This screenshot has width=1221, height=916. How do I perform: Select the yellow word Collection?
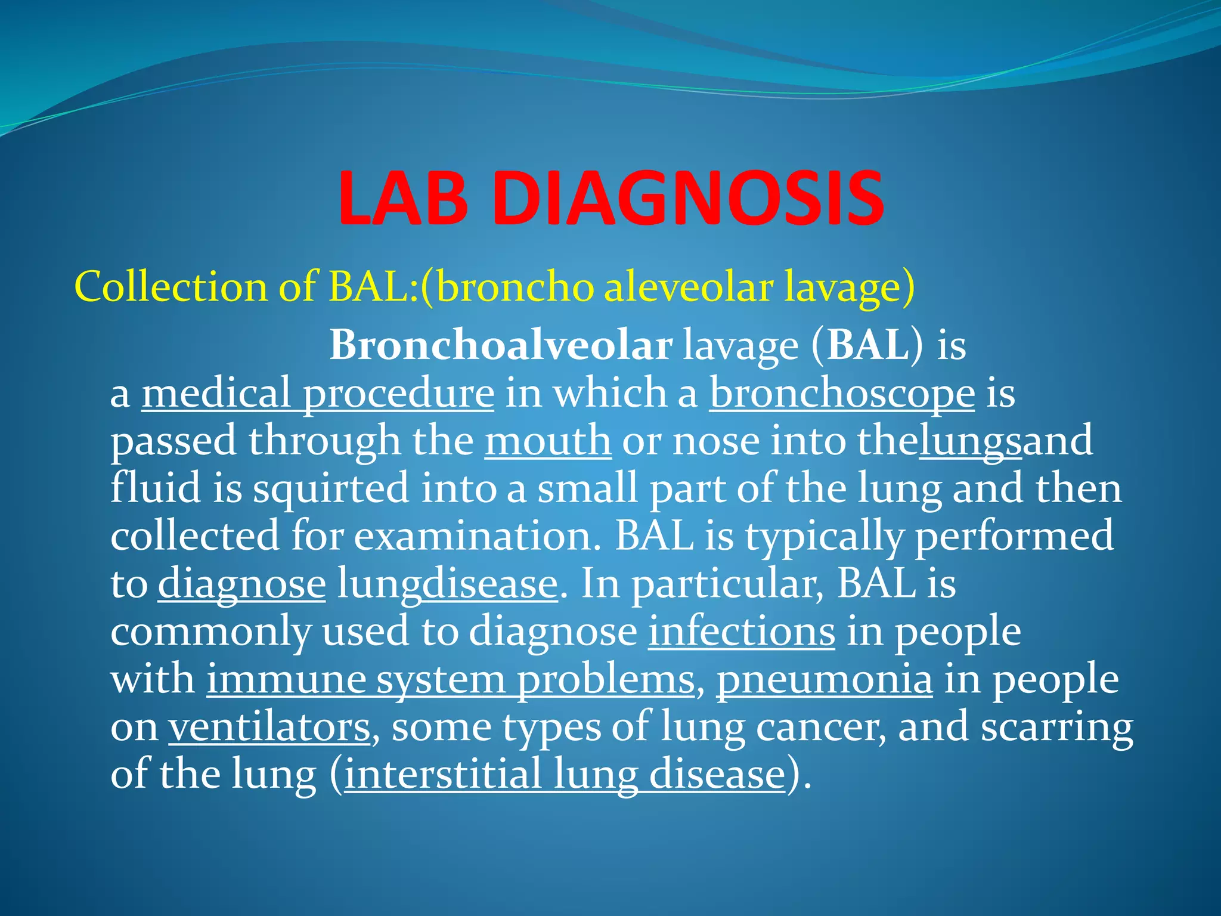pyautogui.click(x=171, y=287)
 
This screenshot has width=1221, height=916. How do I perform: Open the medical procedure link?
pyautogui.click(x=318, y=394)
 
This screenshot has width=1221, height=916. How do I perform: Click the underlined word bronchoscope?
pyautogui.click(x=842, y=394)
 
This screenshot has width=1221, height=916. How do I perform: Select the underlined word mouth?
pyautogui.click(x=548, y=441)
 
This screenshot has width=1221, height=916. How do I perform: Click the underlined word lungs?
pyautogui.click(x=970, y=441)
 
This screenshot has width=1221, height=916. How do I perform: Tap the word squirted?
pyautogui.click(x=331, y=488)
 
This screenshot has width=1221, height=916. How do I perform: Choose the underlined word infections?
pyautogui.click(x=742, y=631)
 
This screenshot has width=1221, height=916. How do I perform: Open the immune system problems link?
pyautogui.click(x=451, y=679)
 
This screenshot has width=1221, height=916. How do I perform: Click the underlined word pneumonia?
pyautogui.click(x=825, y=679)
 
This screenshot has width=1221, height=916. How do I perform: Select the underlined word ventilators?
pyautogui.click(x=269, y=727)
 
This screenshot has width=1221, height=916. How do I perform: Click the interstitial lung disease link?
pyautogui.click(x=565, y=775)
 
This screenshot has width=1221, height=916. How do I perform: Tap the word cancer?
pyautogui.click(x=820, y=727)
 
